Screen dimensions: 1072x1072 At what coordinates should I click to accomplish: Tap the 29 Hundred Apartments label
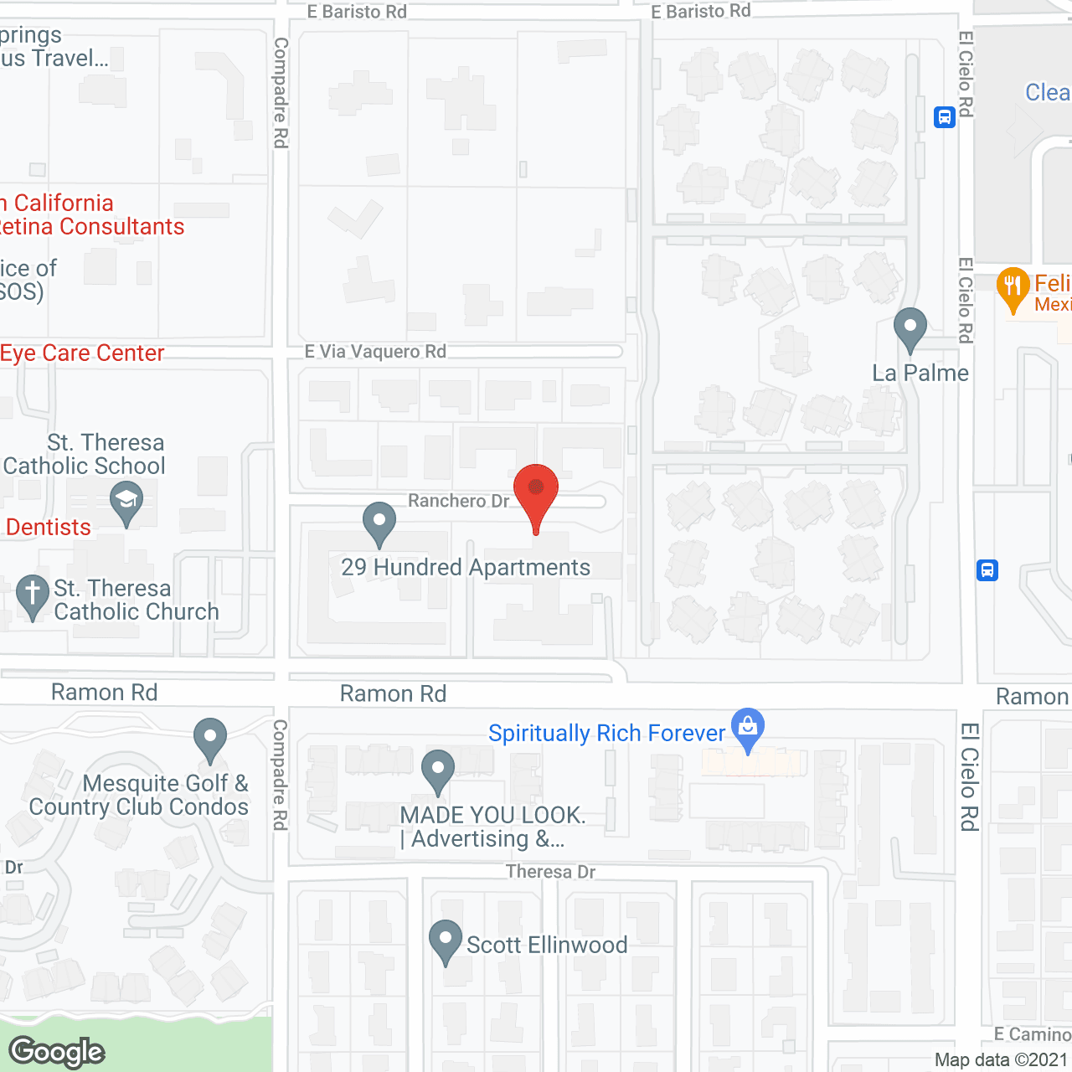[x=466, y=567]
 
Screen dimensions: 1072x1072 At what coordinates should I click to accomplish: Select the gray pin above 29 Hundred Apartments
[x=379, y=523]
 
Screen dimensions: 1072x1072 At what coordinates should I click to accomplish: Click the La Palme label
[x=920, y=373]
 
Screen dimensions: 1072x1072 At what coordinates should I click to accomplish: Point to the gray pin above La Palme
[x=910, y=328]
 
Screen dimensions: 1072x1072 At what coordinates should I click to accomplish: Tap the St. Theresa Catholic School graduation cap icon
[x=126, y=502]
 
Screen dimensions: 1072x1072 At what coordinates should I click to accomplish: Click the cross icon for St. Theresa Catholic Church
[x=33, y=595]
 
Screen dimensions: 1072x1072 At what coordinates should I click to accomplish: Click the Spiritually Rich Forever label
[x=606, y=733]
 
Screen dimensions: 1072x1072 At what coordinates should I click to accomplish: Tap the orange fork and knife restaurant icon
[x=1013, y=287]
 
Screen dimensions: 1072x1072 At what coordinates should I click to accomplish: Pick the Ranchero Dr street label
[x=458, y=501]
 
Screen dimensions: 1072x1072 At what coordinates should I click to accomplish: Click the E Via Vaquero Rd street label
[x=375, y=351]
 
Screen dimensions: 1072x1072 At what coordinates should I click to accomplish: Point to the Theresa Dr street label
[x=550, y=872]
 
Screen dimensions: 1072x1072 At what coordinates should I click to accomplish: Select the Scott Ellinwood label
[x=547, y=945]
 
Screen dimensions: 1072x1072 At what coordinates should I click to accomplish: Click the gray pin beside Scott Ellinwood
[x=445, y=941]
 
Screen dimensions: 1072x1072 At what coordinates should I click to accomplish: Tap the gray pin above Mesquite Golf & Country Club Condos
[x=210, y=739]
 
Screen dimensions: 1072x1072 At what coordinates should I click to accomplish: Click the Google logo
[x=57, y=1052]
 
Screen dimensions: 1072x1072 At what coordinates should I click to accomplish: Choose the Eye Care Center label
[x=82, y=353]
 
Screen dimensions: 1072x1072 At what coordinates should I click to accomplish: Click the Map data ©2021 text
[x=1001, y=1059]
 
